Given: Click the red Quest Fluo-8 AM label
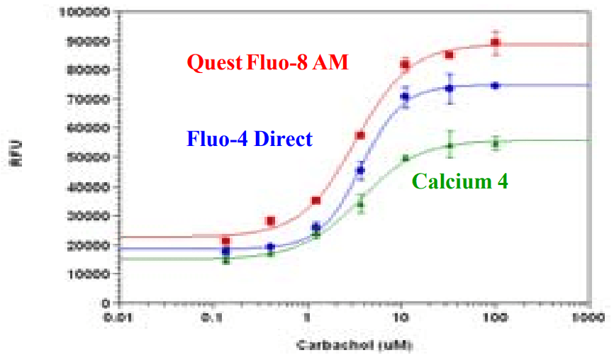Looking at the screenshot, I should [x=267, y=62].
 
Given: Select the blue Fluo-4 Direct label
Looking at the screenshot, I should [x=249, y=138].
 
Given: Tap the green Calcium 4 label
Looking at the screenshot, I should [x=459, y=181].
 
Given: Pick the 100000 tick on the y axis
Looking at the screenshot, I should [x=86, y=12].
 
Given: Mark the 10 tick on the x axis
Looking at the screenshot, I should [x=401, y=317].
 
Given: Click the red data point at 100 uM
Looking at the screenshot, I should [x=496, y=43].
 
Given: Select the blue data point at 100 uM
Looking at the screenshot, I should [x=496, y=86].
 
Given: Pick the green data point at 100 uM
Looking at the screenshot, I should [x=496, y=143].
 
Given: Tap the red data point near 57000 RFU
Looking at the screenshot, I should [x=360, y=135].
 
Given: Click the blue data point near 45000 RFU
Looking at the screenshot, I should [x=360, y=170].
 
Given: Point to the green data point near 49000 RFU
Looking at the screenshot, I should [x=406, y=159].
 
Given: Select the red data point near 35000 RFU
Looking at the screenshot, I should [x=316, y=201].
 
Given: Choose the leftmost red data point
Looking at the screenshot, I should [x=225, y=241].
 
